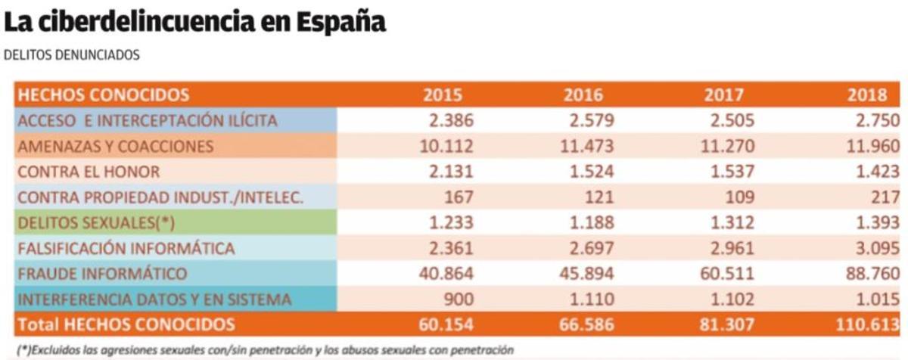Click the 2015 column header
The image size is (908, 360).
(x=443, y=95)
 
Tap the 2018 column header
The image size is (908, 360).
(x=867, y=95)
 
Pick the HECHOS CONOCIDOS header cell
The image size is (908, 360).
(x=103, y=95)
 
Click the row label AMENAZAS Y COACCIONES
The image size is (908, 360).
(x=116, y=146)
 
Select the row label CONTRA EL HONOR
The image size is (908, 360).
(x=89, y=172)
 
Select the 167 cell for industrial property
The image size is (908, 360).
(x=459, y=197)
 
